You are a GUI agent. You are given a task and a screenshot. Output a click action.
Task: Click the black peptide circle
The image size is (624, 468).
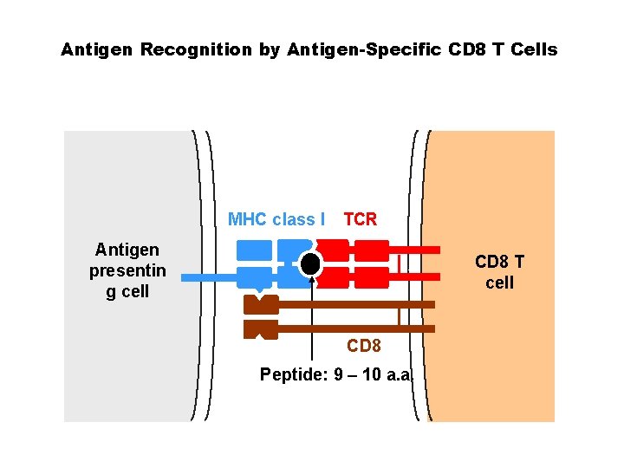(x=310, y=263)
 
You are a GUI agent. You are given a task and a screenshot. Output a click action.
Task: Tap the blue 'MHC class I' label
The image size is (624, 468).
(x=276, y=219)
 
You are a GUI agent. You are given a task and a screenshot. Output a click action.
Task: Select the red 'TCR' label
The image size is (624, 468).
(x=361, y=219)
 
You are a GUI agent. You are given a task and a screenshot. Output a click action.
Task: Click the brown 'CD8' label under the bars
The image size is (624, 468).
(x=364, y=347)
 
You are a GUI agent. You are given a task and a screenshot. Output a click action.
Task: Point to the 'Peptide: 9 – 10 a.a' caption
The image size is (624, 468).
(x=335, y=374)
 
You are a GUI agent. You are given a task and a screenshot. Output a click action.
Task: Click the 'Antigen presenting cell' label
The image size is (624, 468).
(x=127, y=270)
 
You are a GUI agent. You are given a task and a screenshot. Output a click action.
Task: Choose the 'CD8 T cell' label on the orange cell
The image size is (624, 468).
(x=499, y=272)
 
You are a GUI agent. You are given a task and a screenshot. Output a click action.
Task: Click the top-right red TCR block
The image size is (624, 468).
(x=373, y=250)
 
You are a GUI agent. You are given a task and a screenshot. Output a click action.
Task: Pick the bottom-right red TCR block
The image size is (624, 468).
(x=373, y=277)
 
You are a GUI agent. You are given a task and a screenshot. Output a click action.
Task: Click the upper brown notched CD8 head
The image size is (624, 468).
(x=261, y=304)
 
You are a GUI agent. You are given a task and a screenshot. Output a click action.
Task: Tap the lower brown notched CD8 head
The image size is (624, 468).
(x=261, y=329)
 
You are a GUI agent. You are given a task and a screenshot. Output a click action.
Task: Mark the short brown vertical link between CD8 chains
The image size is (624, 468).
(x=398, y=316)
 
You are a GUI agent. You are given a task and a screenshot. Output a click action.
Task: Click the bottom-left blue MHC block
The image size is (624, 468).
(x=254, y=277)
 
